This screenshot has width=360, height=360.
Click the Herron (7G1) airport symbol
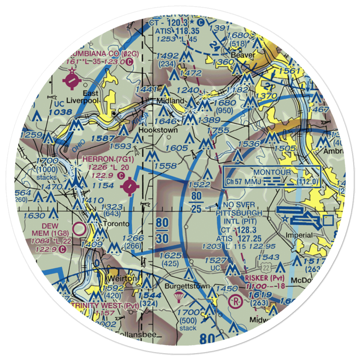click(x=130, y=187)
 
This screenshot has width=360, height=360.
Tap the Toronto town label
click(x=116, y=224)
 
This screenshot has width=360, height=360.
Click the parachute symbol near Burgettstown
click(x=178, y=297)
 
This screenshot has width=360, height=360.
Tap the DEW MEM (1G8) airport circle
click(x=78, y=228)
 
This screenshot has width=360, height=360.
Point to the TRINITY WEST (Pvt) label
click(x=100, y=306)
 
